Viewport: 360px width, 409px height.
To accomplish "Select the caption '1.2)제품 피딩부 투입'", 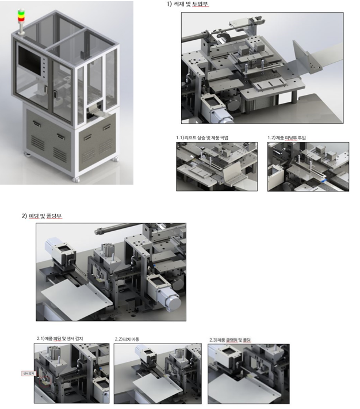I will pos(292,138).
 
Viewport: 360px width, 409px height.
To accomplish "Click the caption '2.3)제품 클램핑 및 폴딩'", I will pos(233,341).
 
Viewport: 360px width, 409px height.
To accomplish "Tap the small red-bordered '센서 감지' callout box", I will pos(27,373).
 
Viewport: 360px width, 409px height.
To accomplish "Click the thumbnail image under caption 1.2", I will pos(307,166).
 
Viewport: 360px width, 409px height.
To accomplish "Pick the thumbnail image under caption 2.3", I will pos(249,374).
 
